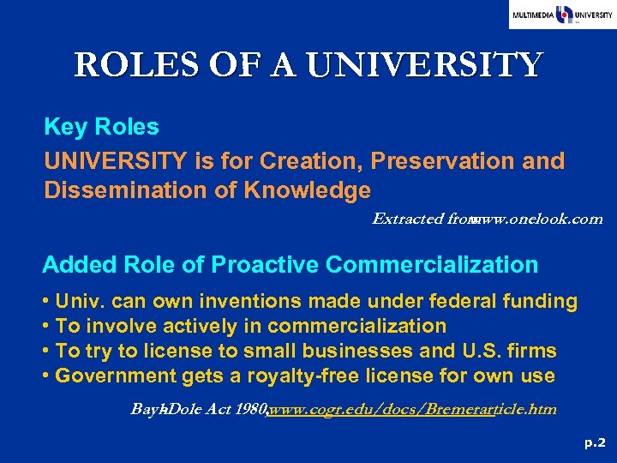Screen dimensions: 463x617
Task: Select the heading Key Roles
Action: click(101, 127)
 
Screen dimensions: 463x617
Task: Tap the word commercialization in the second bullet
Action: click(357, 327)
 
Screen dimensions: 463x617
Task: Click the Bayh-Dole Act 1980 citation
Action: click(198, 409)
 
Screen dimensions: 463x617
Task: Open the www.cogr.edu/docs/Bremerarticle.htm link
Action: click(412, 409)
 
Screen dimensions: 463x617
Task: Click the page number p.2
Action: click(595, 442)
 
